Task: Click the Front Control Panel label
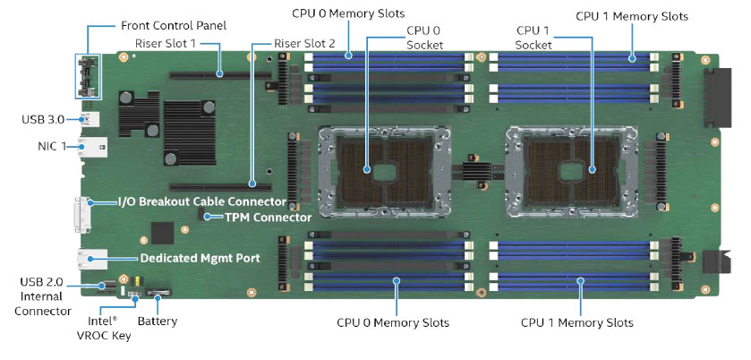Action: tap(174, 25)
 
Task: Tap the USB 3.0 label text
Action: tap(43, 119)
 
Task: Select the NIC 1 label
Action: tap(52, 146)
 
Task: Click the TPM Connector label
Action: tap(269, 218)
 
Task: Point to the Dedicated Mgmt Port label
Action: tap(201, 259)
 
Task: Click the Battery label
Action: tap(158, 321)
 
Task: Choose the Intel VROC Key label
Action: tap(104, 328)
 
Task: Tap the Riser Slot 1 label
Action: tap(166, 44)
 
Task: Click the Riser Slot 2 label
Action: tap(304, 44)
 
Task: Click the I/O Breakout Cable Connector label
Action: tap(202, 201)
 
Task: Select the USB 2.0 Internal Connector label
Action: tap(42, 296)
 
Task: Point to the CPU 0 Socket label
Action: tap(425, 38)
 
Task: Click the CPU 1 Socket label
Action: tap(533, 38)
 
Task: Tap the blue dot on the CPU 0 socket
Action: tap(367, 169)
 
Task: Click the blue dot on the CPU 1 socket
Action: tap(592, 169)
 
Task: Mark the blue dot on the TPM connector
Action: tap(208, 217)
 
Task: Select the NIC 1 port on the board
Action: tap(93, 146)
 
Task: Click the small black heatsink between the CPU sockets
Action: tap(477, 169)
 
